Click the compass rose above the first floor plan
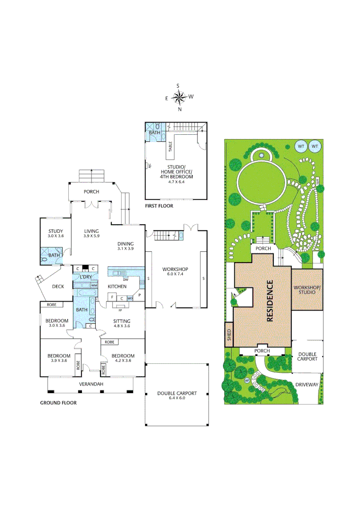pos(179,98)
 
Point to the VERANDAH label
pos(91,384)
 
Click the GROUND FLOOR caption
pos(58,403)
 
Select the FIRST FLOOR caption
pos(160,206)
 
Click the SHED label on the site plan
pos(229,334)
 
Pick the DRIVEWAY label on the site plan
pos(307,385)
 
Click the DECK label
pos(58,286)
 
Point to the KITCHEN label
pos(117,287)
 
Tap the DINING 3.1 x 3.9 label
pos(126,246)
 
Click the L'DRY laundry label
pos(85,277)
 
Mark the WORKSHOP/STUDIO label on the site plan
pos(307,289)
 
